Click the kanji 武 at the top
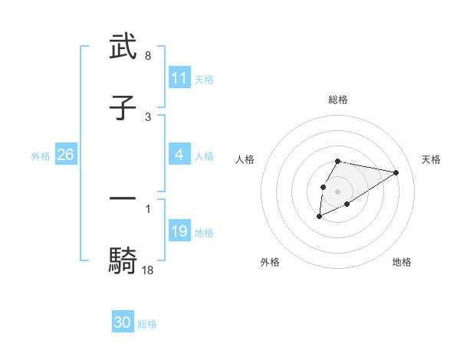point(123,47)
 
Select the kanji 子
point(123,108)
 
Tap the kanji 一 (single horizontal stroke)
point(123,198)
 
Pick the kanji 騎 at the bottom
point(123,260)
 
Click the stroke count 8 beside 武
point(148,57)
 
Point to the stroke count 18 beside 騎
point(148,270)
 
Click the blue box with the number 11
point(179,78)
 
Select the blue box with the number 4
point(179,155)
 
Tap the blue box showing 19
point(179,231)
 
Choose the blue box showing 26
point(66,155)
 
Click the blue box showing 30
point(123,322)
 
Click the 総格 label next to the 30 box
point(147,324)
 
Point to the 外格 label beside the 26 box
point(41,155)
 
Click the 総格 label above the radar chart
point(338,100)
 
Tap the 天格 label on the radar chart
point(432,159)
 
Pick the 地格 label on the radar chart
point(402,262)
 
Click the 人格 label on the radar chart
point(245,159)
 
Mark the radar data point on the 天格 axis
point(396,172)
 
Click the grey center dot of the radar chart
point(338,191)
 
